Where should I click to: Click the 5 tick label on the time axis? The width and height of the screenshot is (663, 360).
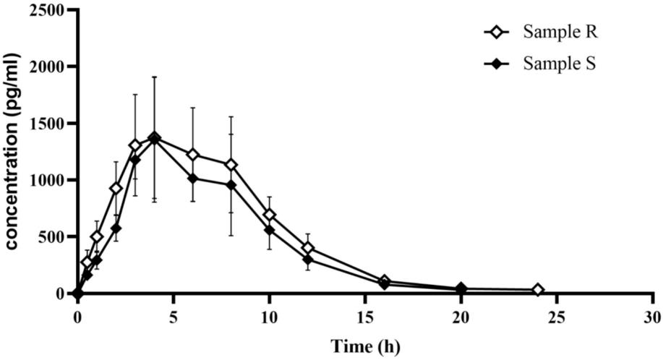coord(173,316)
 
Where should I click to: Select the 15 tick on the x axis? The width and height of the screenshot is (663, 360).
coord(365,316)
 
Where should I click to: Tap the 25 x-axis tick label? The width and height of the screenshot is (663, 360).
coord(557,316)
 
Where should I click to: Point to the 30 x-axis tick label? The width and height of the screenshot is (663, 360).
coord(653,316)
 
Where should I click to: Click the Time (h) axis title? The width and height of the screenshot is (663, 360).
coord(364,346)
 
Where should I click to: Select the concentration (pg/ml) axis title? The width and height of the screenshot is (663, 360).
coord(13,152)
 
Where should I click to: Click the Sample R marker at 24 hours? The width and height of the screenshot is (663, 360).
coord(537,290)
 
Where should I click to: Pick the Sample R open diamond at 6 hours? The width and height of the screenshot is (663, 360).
coord(192,155)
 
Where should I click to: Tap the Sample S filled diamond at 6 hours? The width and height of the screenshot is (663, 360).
coord(192,179)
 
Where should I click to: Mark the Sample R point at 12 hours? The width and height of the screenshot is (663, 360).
coord(307,248)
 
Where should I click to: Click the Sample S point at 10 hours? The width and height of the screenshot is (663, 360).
coord(269,230)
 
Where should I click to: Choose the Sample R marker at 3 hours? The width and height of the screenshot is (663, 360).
coord(134,145)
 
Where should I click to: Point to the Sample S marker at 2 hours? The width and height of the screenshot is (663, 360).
coord(116,228)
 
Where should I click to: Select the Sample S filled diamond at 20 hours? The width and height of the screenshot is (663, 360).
coord(461,289)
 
